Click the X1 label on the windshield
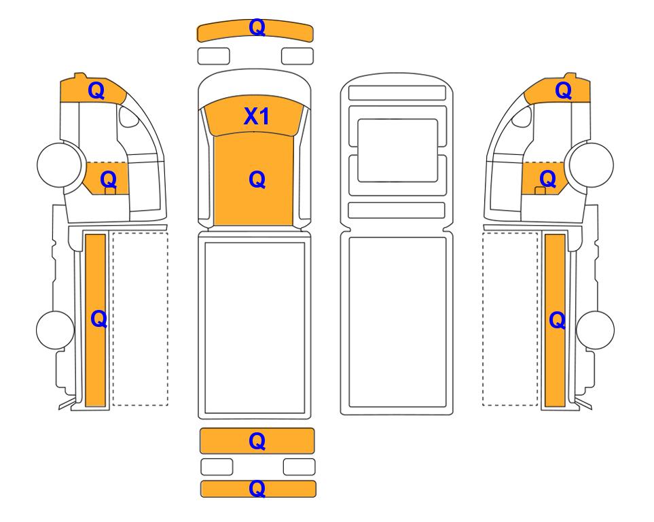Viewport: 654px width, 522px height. click(256, 116)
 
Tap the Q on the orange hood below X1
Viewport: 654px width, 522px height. click(257, 180)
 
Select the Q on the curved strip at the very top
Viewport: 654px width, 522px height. click(257, 28)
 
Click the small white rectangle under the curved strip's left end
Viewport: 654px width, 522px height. click(213, 56)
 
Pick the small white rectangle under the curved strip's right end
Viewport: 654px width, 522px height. click(297, 56)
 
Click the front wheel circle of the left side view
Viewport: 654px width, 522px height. click(59, 164)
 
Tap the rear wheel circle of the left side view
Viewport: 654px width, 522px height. click(56, 330)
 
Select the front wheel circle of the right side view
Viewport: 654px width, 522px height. click(592, 165)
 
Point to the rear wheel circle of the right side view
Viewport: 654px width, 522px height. click(595, 330)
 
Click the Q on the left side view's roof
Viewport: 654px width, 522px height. click(96, 90)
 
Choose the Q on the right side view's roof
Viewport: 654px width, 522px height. click(563, 90)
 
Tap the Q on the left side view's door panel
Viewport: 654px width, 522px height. click(109, 180)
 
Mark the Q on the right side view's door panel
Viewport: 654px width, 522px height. click(547, 179)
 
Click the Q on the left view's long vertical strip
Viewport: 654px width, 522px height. click(99, 319)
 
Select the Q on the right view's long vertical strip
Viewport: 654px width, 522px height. click(558, 321)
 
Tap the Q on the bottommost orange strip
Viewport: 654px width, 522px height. click(257, 488)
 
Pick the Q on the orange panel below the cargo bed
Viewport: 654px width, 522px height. click(257, 441)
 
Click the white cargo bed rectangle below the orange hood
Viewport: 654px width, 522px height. click(255, 328)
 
